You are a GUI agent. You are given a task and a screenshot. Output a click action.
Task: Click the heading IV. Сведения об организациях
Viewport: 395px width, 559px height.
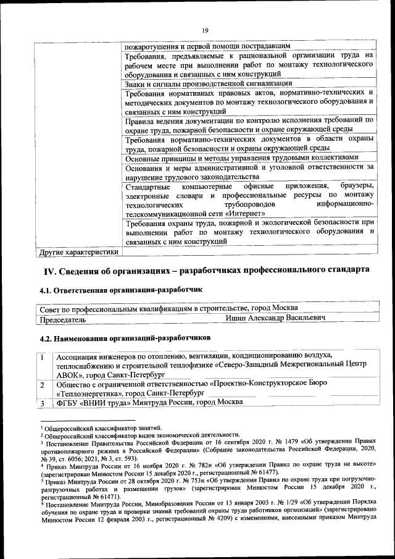pos(206,271)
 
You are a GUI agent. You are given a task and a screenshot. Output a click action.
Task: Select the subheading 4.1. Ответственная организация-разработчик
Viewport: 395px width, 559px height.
pos(121,289)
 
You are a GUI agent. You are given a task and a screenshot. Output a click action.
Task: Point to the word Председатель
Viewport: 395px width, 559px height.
pos(62,320)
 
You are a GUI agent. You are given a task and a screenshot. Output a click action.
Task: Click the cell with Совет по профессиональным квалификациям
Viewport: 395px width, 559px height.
pos(168,308)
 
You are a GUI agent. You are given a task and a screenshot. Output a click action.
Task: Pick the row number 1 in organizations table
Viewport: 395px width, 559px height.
pos(42,356)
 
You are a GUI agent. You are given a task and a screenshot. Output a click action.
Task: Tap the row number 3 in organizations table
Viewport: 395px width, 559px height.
pos(42,402)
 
